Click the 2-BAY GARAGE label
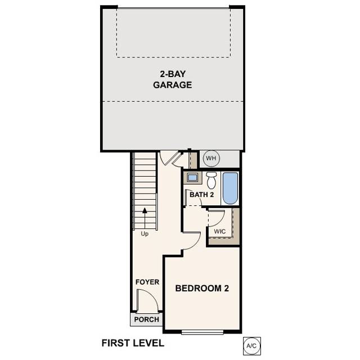tap(172, 79)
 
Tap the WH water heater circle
tap(210, 158)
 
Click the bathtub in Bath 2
tap(231, 188)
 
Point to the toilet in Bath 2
tap(211, 180)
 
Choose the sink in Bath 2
tap(192, 178)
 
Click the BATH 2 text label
tap(201, 195)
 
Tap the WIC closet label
tap(220, 231)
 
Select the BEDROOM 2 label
tap(202, 289)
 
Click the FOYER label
tap(147, 282)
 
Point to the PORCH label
tap(146, 319)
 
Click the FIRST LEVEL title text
tap(133, 343)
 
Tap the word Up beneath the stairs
tap(145, 234)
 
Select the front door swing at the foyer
tap(147, 301)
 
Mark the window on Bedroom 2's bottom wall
tap(202, 331)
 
